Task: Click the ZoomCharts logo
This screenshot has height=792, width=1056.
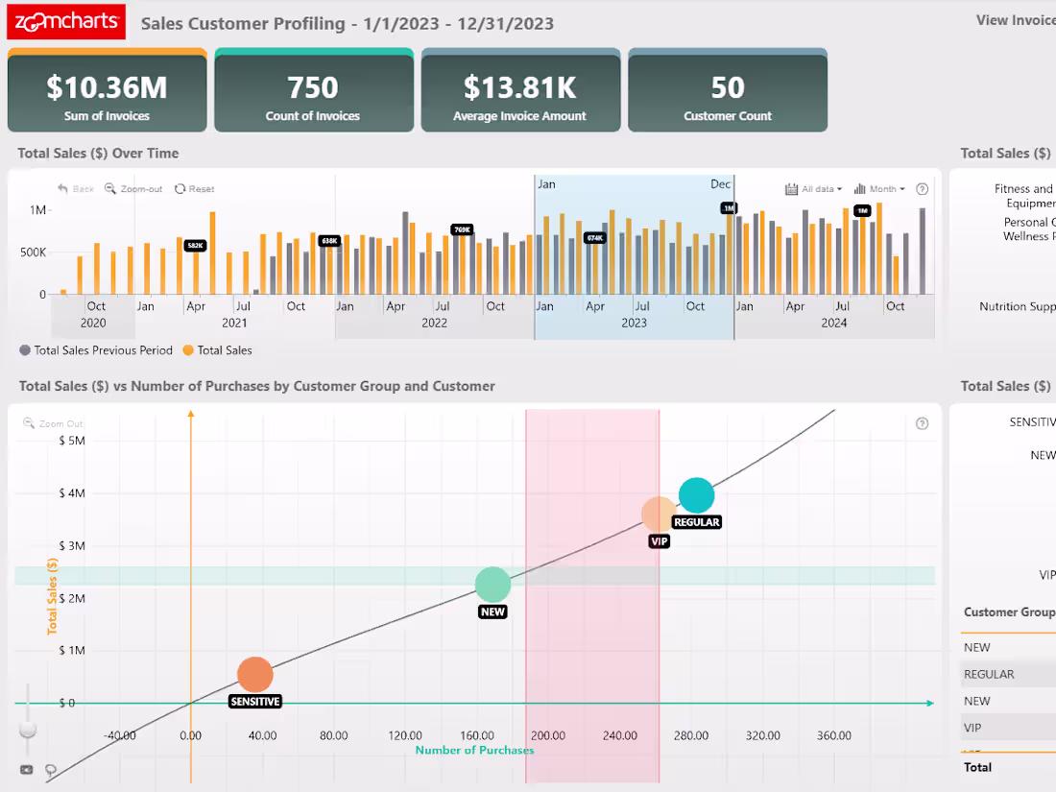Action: click(66, 22)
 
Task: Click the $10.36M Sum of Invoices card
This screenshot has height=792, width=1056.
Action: click(107, 94)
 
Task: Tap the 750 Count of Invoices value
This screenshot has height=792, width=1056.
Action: click(313, 88)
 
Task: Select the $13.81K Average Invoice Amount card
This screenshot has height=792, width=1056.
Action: click(519, 94)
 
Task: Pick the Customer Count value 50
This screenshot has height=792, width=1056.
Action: click(728, 88)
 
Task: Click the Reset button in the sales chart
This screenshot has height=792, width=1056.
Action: click(195, 189)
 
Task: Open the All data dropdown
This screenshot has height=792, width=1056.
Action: click(814, 189)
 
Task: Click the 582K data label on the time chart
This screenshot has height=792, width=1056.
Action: click(196, 246)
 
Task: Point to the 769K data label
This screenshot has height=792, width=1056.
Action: click(463, 229)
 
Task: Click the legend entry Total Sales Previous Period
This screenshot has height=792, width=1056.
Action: click(96, 350)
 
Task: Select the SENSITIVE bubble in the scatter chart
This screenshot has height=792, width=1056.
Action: click(254, 675)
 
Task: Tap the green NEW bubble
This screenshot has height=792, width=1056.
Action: click(492, 584)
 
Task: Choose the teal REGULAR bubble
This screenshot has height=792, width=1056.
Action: click(696, 495)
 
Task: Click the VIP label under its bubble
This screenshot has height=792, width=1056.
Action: click(659, 541)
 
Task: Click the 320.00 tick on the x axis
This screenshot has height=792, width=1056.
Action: click(762, 736)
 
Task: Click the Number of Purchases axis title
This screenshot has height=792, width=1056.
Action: click(474, 750)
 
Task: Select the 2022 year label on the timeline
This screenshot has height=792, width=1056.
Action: click(434, 324)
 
